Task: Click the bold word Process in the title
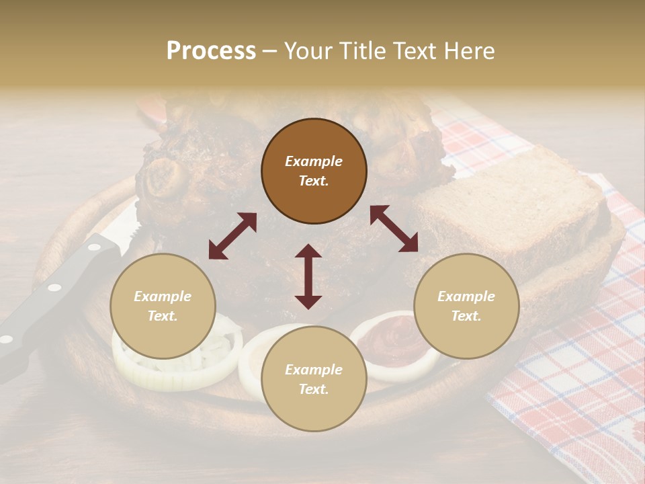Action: point(211,51)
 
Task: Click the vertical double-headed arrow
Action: point(308,276)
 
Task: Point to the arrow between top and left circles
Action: point(232,236)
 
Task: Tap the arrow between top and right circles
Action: point(394,229)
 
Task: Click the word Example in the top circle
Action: point(314,161)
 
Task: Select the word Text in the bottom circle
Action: point(314,389)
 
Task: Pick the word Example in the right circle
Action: point(466,296)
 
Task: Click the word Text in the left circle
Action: point(163,316)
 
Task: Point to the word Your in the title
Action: point(305,51)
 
